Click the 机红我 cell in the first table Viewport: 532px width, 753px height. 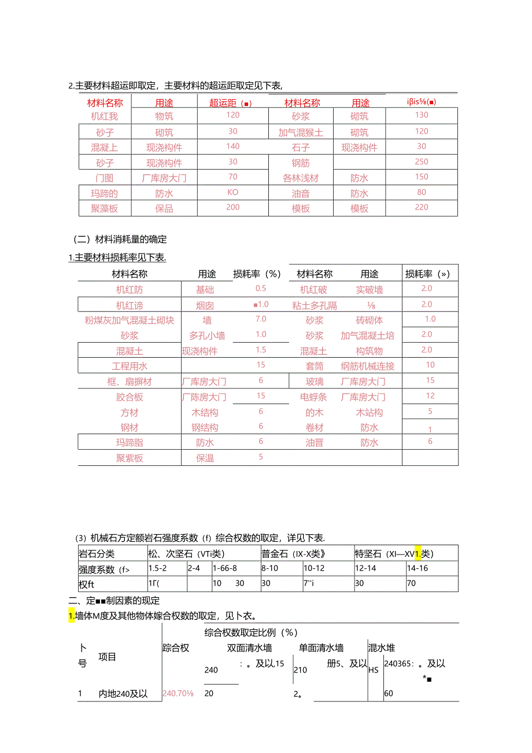click(x=104, y=117)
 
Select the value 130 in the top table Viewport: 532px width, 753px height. click(x=422, y=115)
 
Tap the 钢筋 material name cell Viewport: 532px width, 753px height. click(x=301, y=163)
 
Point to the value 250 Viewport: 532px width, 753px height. click(x=422, y=162)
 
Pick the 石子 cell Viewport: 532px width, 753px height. click(x=301, y=148)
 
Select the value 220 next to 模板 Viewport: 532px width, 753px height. click(x=422, y=207)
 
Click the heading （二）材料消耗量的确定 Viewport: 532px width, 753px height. click(x=120, y=238)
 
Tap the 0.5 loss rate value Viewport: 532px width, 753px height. click(x=261, y=288)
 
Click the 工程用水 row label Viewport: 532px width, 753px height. click(x=130, y=366)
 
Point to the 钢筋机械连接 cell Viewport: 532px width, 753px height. click(x=367, y=366)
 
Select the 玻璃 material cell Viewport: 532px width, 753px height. click(x=315, y=381)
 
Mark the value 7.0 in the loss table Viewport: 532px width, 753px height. click(x=261, y=319)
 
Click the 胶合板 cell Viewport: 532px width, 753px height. click(x=130, y=397)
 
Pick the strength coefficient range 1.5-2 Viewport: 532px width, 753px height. click(x=157, y=568)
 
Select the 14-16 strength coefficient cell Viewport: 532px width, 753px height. click(x=418, y=568)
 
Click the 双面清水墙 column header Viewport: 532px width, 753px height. click(x=249, y=648)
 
